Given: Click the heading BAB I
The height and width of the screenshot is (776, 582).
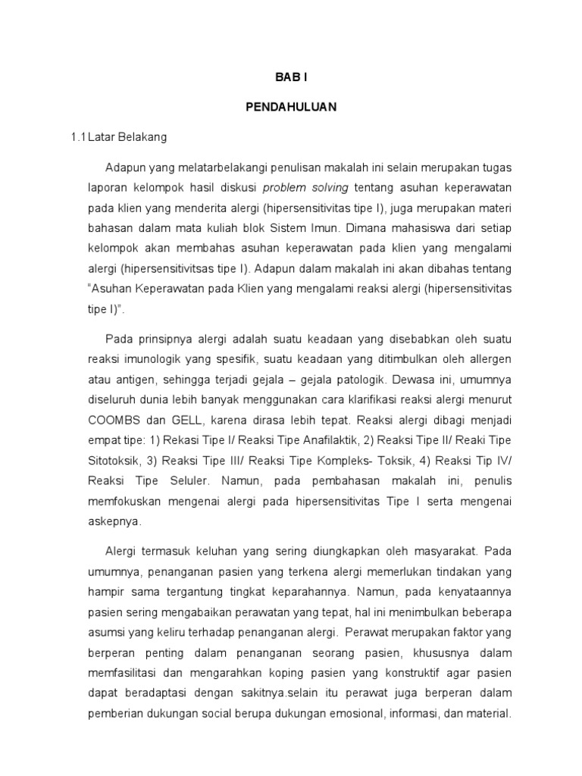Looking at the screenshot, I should pos(291,79).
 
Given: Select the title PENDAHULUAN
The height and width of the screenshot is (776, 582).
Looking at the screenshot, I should pos(291,108).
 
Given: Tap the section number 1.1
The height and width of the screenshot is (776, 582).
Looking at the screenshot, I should pos(78,137).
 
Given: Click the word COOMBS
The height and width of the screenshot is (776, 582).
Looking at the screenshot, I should pos(112,418).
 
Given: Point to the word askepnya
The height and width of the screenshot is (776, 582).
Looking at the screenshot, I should pos(115,522).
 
